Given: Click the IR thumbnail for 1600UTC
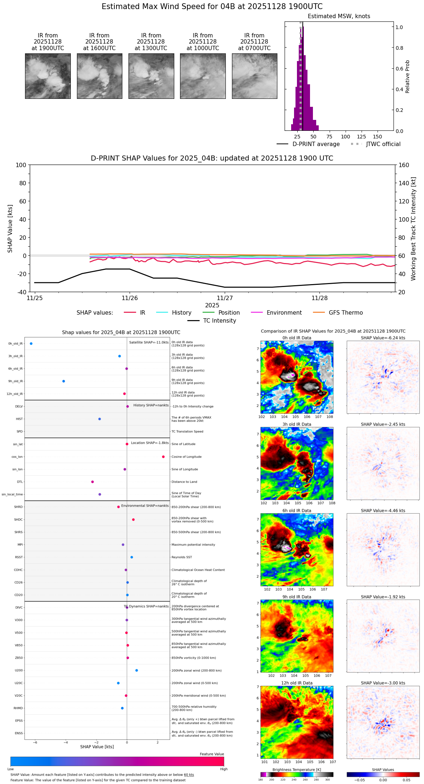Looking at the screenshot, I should click(99, 76).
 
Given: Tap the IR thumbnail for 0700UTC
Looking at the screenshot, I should click(254, 76).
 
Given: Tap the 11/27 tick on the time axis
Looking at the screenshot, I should click(225, 298).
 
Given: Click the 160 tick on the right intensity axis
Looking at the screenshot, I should click(404, 165).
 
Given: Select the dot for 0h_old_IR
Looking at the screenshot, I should click(31, 344).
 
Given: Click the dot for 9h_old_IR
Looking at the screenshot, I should click(64, 381).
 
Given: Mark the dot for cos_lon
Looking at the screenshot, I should click(163, 457).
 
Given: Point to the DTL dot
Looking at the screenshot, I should click(93, 482).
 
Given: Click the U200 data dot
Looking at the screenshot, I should click(136, 670).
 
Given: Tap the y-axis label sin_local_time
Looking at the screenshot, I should click(12, 494).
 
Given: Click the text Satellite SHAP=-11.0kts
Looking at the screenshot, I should click(149, 343).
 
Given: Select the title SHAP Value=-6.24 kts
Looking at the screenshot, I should click(383, 338).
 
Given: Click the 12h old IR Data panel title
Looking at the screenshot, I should click(297, 683).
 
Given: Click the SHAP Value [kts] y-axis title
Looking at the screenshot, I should click(10, 229).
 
